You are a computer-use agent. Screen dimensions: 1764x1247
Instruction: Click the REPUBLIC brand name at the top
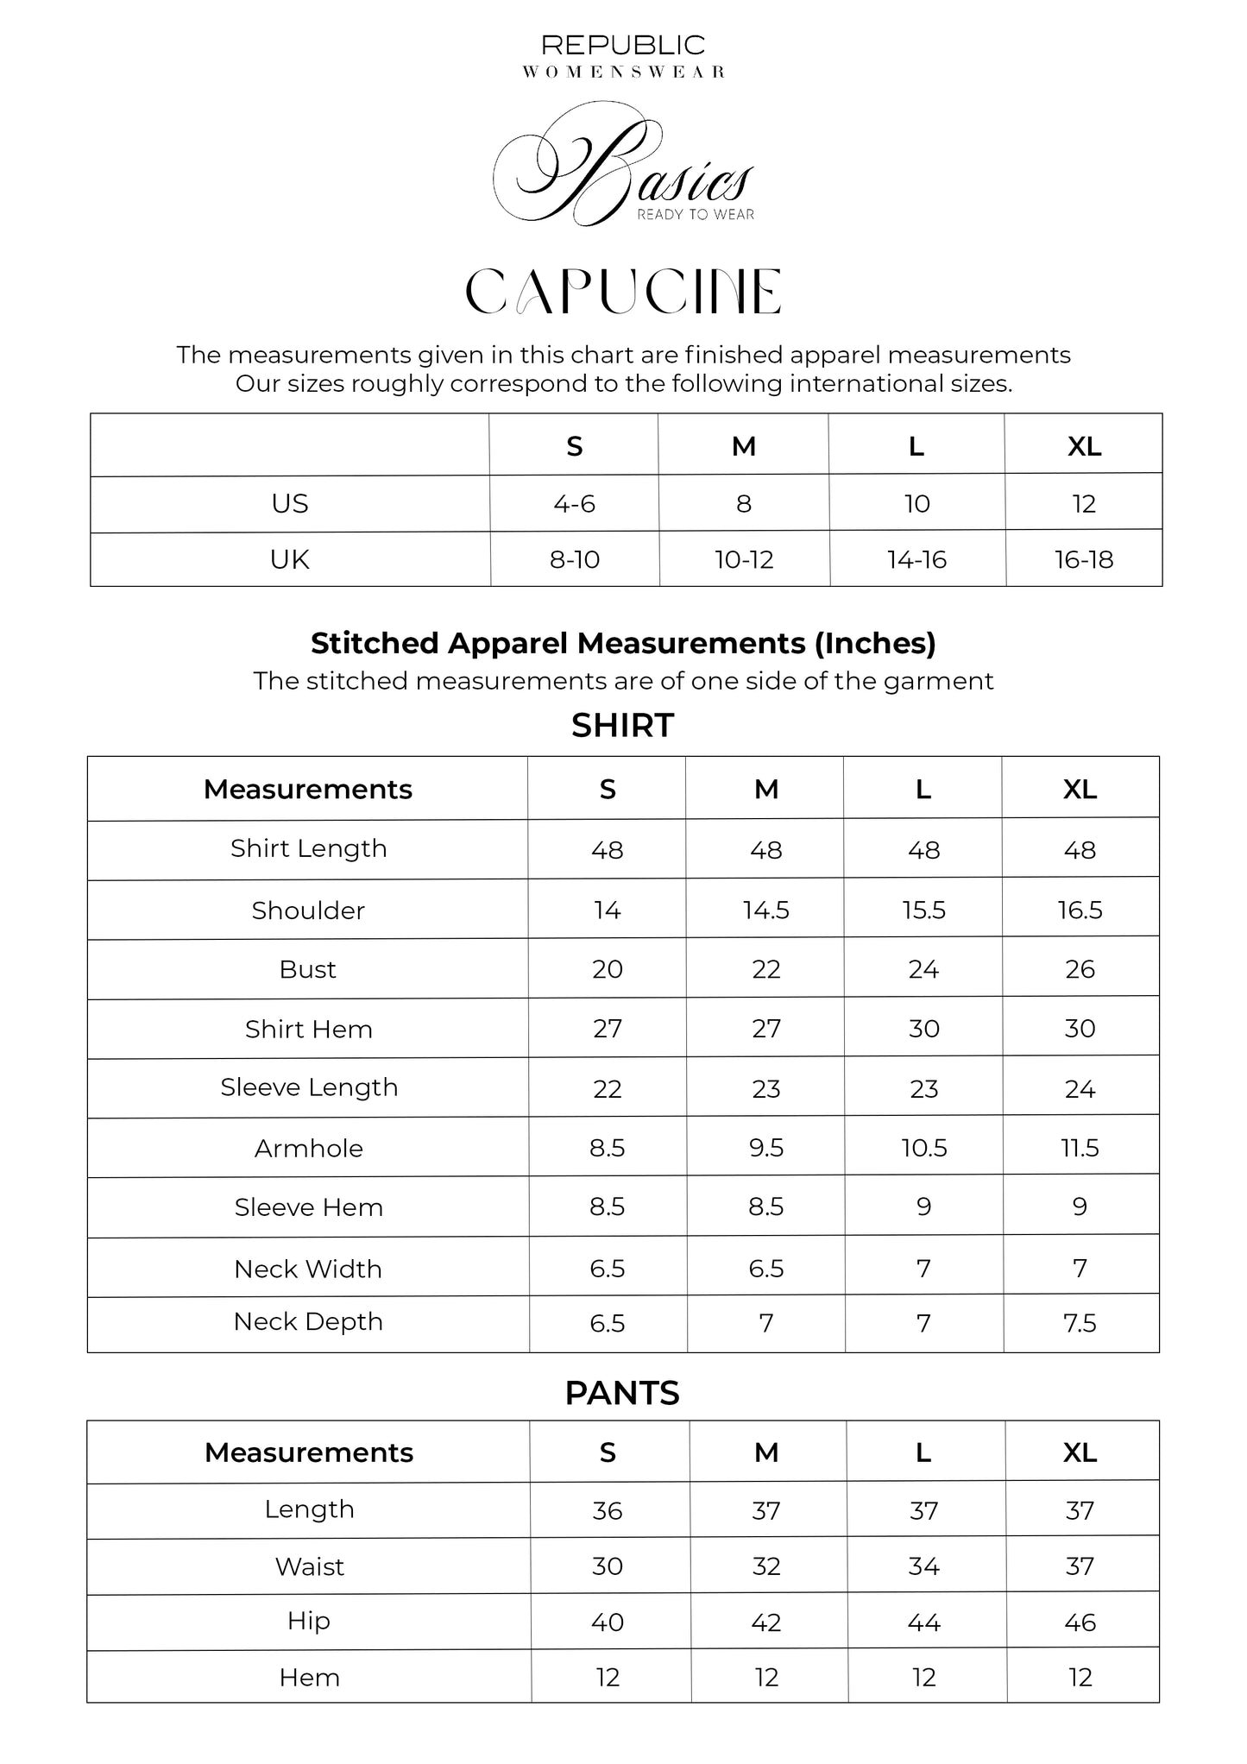tap(622, 45)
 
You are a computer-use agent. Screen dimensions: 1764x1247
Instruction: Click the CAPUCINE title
tap(622, 292)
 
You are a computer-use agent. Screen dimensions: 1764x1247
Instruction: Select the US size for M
tap(744, 503)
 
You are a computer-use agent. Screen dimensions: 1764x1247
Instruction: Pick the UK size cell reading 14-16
tap(916, 559)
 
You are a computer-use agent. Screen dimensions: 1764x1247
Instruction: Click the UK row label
tap(289, 559)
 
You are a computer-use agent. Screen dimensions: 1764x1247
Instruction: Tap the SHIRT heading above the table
tap(622, 726)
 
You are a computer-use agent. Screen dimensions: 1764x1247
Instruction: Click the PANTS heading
tap(622, 1393)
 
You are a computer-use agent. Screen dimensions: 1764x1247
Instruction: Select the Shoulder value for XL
tap(1080, 910)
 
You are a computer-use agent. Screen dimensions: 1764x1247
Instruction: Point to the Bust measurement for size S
tap(607, 969)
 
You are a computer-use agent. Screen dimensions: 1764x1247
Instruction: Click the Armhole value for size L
tap(923, 1148)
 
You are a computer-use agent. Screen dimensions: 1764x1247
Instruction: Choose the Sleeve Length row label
tap(309, 1087)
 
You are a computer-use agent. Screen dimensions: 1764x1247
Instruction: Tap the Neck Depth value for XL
tap(1080, 1323)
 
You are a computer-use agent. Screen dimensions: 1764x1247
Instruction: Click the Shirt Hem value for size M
tap(765, 1029)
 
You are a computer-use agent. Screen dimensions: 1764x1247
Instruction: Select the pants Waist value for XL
tap(1080, 1566)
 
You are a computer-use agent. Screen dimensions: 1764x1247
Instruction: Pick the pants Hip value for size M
tap(765, 1622)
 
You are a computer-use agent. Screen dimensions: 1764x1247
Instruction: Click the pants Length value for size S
tap(607, 1510)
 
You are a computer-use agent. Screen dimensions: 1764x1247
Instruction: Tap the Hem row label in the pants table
tap(309, 1678)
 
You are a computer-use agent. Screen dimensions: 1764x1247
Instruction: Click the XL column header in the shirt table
tap(1080, 789)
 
